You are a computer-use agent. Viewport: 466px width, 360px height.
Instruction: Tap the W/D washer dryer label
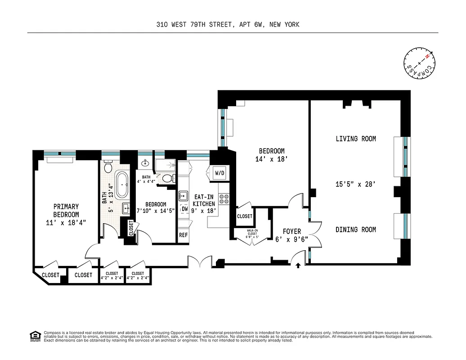[220, 173]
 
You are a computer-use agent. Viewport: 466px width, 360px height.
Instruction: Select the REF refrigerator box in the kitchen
[184, 235]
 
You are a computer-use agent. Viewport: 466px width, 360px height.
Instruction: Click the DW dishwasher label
[184, 209]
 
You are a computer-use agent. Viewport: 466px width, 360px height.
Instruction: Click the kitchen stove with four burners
[224, 199]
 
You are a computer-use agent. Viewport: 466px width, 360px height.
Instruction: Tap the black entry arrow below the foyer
[298, 266]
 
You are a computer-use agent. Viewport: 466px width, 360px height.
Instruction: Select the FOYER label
[292, 232]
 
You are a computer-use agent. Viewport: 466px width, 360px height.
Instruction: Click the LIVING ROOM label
[356, 139]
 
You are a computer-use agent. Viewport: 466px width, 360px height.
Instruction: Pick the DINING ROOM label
[356, 229]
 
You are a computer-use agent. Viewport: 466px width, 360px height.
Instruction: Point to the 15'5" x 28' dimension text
[356, 184]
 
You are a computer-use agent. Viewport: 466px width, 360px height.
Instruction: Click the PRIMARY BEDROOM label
[66, 211]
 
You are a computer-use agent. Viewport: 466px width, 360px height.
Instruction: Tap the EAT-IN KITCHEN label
[204, 200]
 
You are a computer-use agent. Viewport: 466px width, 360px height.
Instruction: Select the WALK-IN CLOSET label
[251, 233]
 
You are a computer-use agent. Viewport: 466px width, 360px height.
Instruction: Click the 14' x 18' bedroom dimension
[271, 159]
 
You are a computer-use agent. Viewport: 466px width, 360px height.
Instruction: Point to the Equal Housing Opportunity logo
[34, 336]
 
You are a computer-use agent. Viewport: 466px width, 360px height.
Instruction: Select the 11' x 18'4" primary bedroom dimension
[66, 222]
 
